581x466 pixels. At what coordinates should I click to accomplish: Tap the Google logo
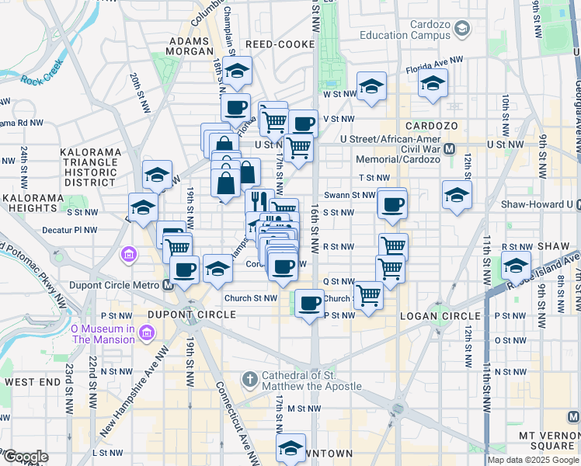click(25, 457)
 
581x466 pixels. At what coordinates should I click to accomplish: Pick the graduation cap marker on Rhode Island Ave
click(515, 266)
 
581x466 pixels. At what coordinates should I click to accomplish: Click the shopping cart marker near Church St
click(368, 294)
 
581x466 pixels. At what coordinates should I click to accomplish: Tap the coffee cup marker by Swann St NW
click(393, 204)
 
